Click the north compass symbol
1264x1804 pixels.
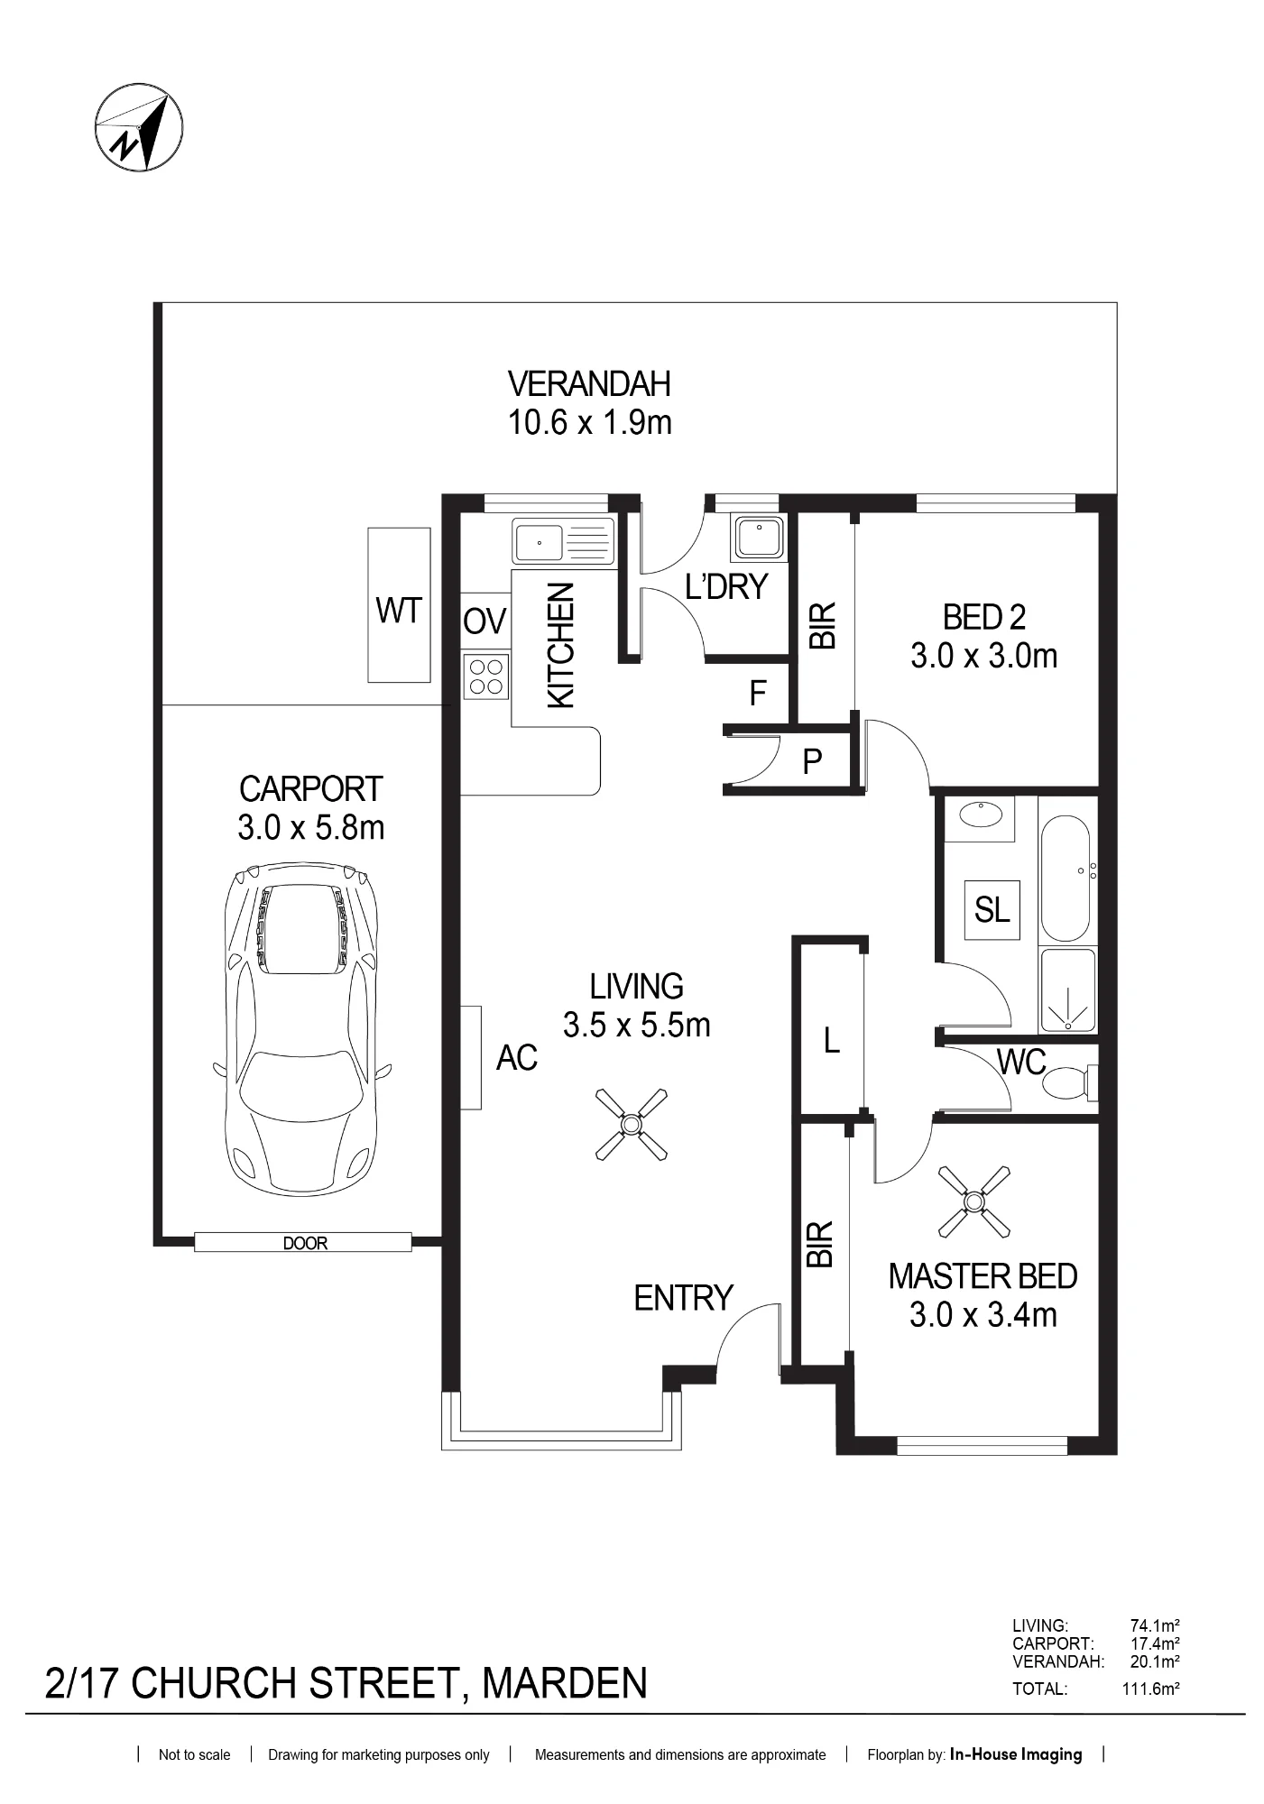point(139,127)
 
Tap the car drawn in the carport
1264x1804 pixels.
point(301,1029)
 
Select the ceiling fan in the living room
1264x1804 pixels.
point(632,1124)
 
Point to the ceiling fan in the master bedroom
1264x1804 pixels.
point(973,1201)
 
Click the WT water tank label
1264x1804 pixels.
point(399,611)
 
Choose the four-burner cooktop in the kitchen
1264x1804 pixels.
point(486,676)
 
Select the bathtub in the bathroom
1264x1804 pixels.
point(1068,879)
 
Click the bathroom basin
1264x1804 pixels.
point(980,815)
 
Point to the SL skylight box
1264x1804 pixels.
point(992,910)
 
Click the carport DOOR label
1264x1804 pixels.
point(305,1243)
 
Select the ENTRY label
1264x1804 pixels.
point(683,1298)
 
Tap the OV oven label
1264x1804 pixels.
point(485,621)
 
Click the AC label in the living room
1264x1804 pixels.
point(517,1057)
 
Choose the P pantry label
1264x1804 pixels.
point(812,762)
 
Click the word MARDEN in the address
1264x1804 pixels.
point(565,1684)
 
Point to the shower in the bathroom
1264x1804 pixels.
point(1068,990)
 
